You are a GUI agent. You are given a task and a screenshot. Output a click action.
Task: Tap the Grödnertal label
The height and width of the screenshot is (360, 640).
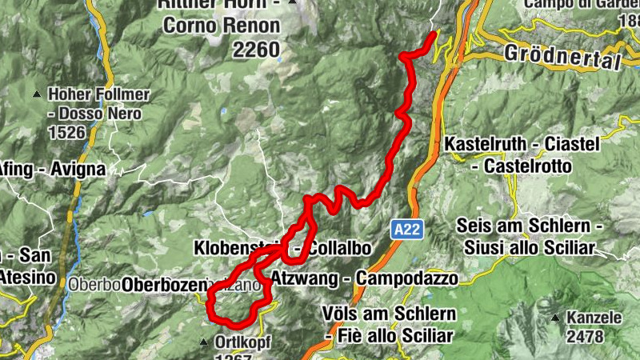tap(563, 56)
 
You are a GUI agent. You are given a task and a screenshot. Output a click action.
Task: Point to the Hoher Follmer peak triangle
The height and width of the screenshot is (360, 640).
tap(37, 95)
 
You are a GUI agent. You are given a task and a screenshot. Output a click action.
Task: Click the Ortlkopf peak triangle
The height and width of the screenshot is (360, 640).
tap(203, 342)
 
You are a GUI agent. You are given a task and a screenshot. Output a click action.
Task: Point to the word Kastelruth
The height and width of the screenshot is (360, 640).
tap(486, 144)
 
